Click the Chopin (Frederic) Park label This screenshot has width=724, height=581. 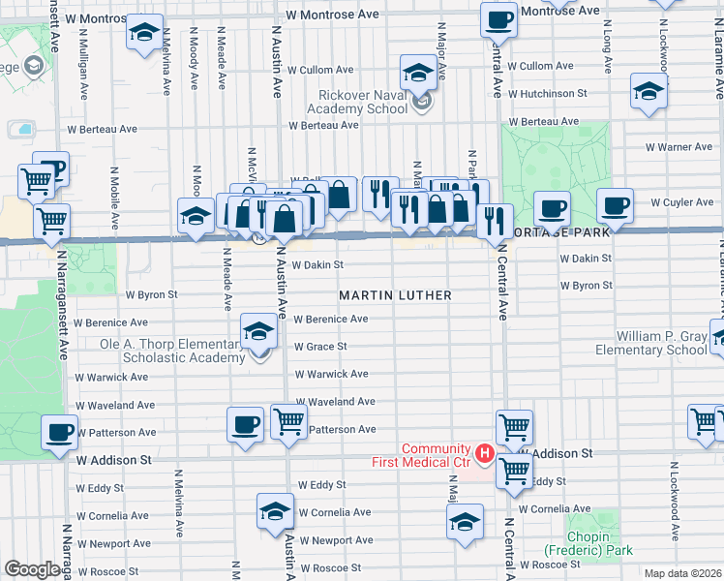tap(588, 543)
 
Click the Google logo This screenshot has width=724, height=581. tap(32, 568)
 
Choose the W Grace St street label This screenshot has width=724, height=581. tap(320, 346)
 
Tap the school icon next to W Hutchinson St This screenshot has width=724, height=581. tap(648, 92)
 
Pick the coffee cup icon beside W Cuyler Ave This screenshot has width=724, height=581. tap(614, 205)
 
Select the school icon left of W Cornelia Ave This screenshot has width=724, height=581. tap(275, 510)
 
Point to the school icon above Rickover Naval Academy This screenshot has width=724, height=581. tap(418, 72)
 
